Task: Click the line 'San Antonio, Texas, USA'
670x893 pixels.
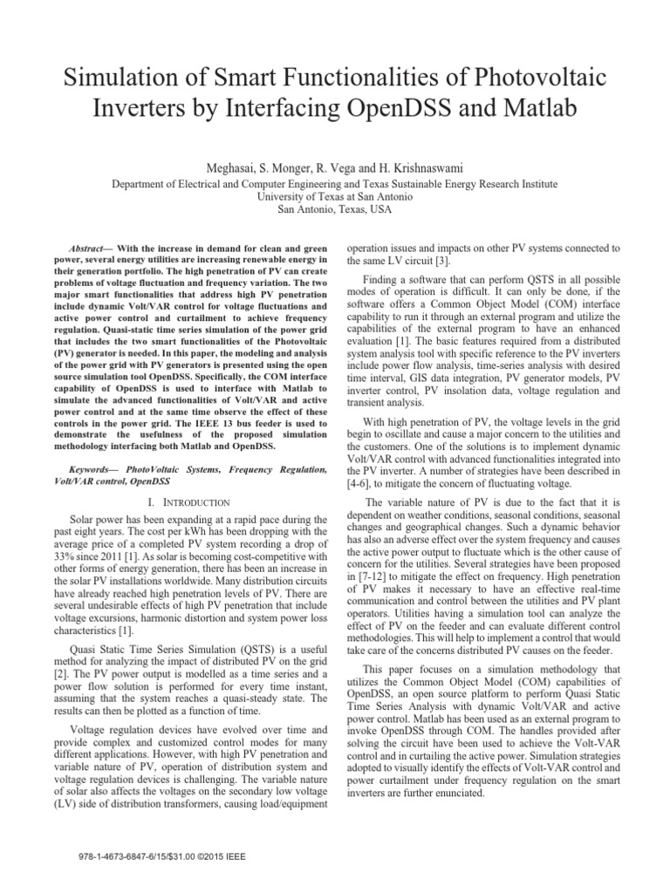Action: click(334, 210)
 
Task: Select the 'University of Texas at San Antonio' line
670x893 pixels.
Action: click(334, 198)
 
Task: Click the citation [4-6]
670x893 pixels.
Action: click(362, 483)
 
